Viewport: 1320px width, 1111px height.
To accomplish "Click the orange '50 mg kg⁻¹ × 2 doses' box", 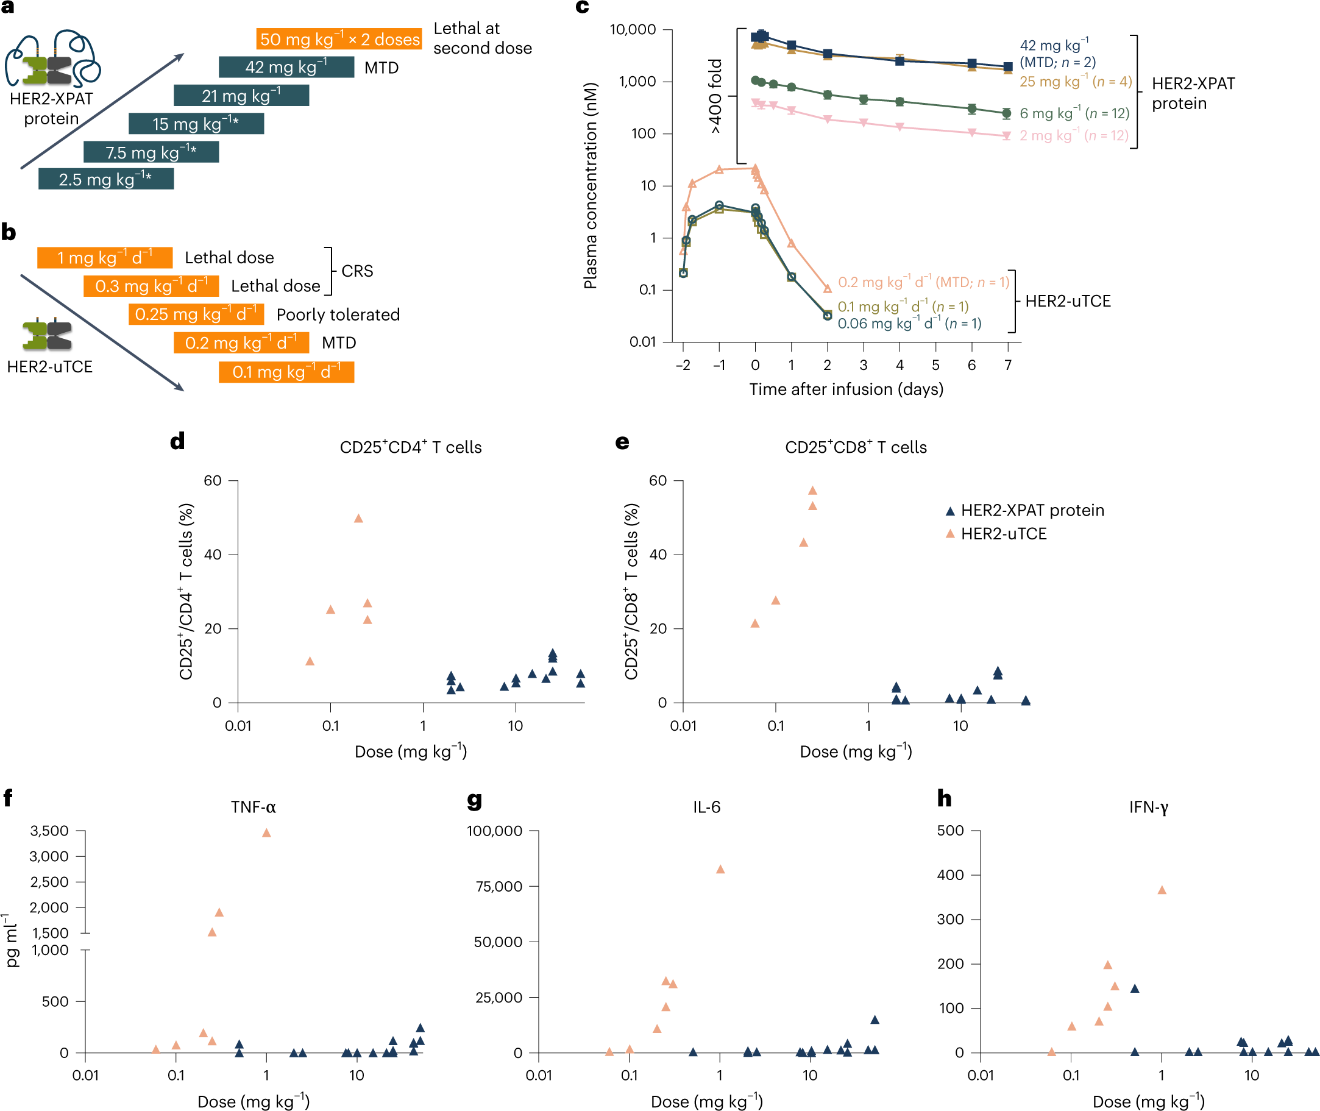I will click(x=339, y=39).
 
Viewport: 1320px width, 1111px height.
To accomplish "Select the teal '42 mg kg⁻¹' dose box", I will click(x=286, y=67).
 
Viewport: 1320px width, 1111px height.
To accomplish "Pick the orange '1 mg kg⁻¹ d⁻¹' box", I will click(x=105, y=258).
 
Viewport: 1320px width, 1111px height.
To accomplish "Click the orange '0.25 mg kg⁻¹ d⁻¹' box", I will click(x=196, y=314).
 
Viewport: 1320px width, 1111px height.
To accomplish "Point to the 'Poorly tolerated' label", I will click(x=338, y=314).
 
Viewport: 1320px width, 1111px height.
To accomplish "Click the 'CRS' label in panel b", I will click(x=357, y=271).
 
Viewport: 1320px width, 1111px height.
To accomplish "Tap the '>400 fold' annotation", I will click(x=715, y=96).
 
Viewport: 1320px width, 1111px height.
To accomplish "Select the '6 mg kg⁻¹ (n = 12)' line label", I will click(x=1074, y=113).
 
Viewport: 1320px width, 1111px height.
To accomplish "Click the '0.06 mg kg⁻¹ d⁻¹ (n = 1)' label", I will click(x=909, y=324).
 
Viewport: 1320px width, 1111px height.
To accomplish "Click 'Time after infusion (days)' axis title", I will click(x=846, y=389).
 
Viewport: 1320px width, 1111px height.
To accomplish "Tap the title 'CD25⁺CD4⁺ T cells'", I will click(x=411, y=447).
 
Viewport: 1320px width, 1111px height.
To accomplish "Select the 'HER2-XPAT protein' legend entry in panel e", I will click(x=1032, y=510).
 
